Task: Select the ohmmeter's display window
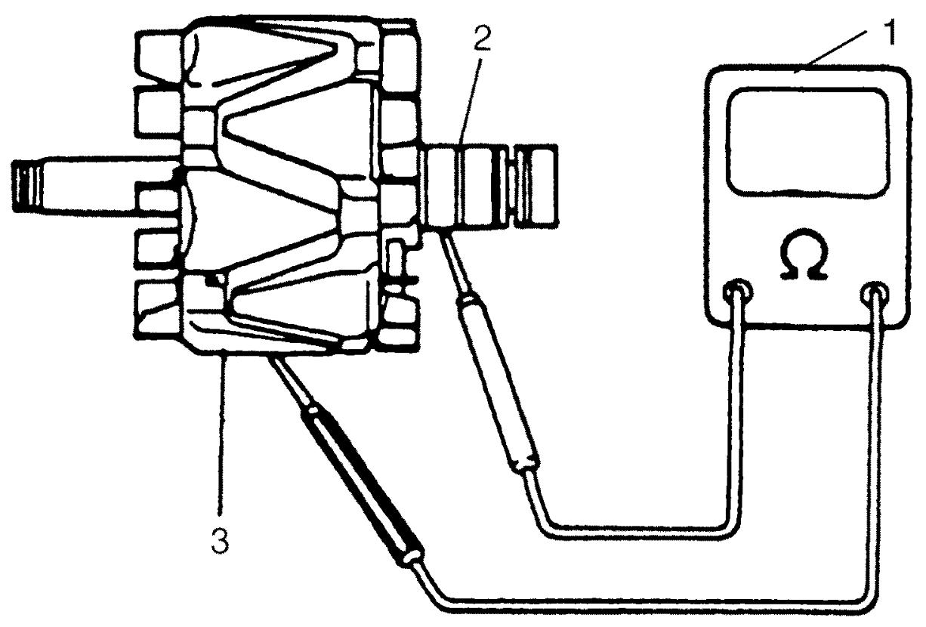point(807,141)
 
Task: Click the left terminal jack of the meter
point(737,294)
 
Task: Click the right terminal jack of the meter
point(874,295)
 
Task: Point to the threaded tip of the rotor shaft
point(27,186)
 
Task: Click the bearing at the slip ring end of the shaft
point(536,186)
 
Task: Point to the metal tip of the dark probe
point(286,378)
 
